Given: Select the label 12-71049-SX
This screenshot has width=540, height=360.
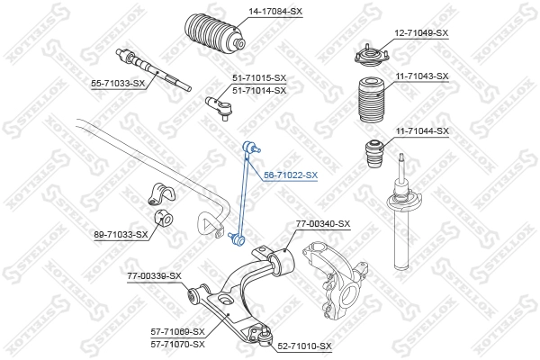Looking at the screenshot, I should tap(421, 32).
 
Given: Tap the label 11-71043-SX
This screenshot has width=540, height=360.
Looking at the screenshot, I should tap(421, 76).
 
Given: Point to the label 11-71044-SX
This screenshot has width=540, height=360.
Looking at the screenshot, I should tap(421, 131).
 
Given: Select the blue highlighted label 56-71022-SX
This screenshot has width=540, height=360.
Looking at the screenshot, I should tap(290, 175).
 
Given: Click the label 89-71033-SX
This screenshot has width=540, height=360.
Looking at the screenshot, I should tap(121, 235).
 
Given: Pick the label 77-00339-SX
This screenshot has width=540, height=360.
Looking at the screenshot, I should tap(154, 275).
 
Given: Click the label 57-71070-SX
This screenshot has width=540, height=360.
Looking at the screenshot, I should tap(178, 344).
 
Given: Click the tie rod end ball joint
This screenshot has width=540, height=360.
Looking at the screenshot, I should tap(220, 105).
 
